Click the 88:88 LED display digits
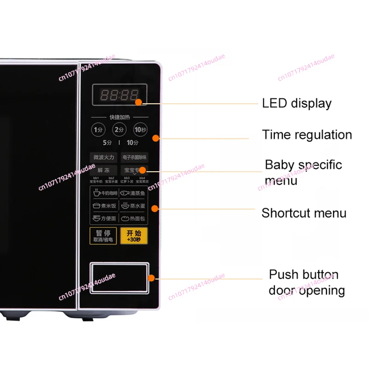[x=119, y=95]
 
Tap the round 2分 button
[x=119, y=130]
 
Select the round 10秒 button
[x=140, y=130]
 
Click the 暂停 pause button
[x=103, y=236]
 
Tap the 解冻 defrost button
[x=103, y=170]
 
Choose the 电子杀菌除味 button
[x=134, y=157]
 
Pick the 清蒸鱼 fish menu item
[x=134, y=194]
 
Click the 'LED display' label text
[x=297, y=103]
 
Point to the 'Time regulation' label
[x=307, y=135]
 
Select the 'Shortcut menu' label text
[x=304, y=213]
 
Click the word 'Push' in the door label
[x=283, y=275]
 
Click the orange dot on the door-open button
[x=151, y=278]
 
